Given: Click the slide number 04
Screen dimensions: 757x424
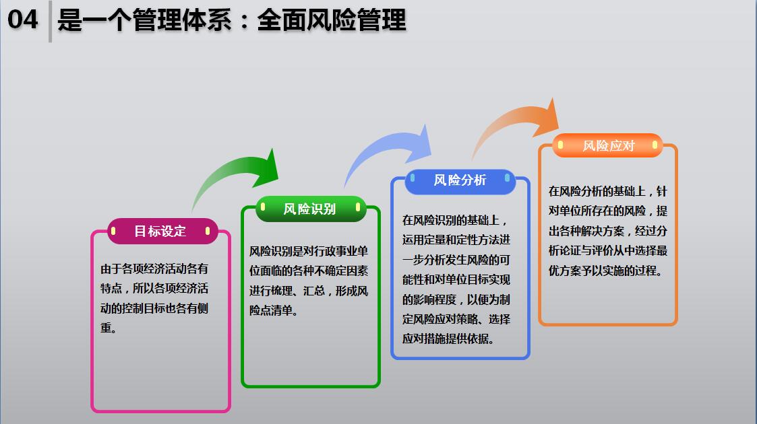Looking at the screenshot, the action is tap(22, 20).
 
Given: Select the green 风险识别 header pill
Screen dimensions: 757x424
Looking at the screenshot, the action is tap(311, 209).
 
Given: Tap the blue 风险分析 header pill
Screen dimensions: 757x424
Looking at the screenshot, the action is tap(460, 181).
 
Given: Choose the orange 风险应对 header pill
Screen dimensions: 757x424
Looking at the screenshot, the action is tap(607, 145).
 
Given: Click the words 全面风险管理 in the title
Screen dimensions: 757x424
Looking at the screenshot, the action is tap(332, 21).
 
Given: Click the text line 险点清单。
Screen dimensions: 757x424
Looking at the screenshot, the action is tap(273, 310).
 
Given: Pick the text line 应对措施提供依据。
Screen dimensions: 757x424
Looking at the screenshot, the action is tap(448, 339).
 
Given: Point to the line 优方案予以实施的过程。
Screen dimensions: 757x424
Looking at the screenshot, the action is tap(605, 271).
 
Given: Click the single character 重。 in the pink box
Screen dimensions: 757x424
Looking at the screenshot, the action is tap(108, 328).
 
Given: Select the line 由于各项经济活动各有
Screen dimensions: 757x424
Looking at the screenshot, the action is tap(154, 269).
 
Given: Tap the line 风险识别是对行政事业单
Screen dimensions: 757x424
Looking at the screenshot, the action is tap(309, 251).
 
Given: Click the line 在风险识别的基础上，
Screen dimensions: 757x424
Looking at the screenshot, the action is tap(455, 220).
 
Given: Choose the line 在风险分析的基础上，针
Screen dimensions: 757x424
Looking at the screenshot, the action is tap(608, 191).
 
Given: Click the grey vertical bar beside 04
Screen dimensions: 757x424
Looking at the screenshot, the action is tap(50, 22).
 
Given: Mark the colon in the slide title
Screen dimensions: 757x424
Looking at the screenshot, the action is tap(244, 22).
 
